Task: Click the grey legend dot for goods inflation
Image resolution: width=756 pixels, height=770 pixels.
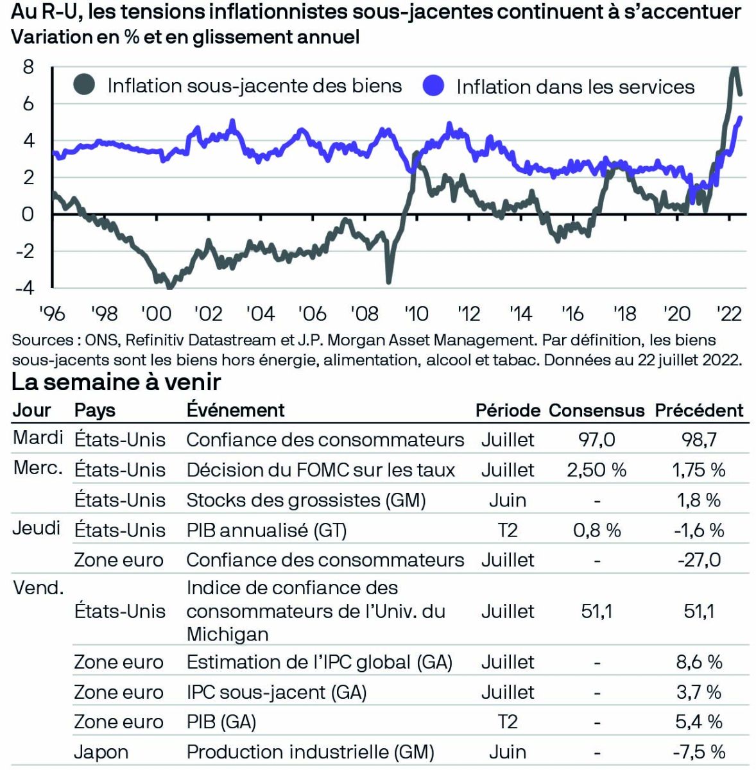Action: [84, 85]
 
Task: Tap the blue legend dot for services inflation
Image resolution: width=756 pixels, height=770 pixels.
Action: [434, 86]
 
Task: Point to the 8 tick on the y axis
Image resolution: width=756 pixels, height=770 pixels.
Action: [28, 67]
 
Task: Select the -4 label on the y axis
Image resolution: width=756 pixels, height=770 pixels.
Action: [26, 287]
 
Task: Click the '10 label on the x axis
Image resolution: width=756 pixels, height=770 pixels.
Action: [416, 314]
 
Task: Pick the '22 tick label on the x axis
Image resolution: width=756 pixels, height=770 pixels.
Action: [728, 314]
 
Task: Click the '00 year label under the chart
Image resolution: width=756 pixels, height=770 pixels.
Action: [156, 314]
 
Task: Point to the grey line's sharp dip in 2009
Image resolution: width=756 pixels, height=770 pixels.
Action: [388, 280]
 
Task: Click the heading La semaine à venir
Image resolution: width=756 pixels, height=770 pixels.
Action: [116, 382]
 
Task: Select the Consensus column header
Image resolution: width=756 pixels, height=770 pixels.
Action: [596, 411]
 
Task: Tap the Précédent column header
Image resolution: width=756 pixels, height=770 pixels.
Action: [699, 411]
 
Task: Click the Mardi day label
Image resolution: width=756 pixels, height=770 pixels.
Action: [38, 438]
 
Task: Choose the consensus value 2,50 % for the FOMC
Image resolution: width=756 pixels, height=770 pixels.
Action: [596, 470]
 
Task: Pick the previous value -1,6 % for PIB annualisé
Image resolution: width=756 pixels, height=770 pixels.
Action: [699, 530]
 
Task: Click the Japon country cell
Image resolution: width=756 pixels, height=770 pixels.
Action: [101, 752]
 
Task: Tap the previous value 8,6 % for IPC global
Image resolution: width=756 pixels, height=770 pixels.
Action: [699, 662]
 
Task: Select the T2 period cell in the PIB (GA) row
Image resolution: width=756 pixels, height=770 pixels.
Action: [507, 722]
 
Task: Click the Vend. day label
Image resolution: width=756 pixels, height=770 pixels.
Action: [39, 588]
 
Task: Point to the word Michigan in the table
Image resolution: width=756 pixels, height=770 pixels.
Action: [227, 634]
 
